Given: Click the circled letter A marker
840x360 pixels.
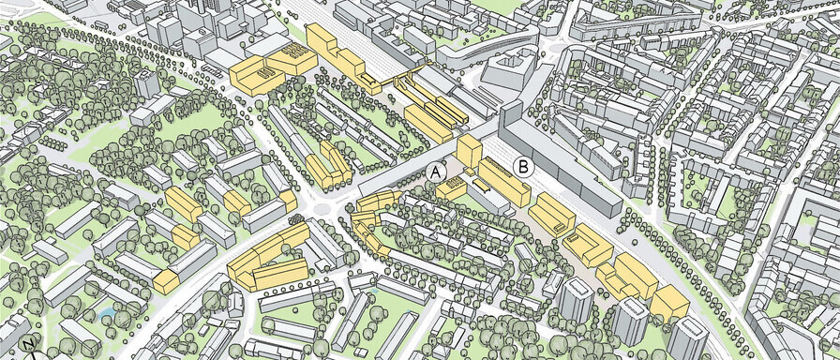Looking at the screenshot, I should click(x=435, y=172).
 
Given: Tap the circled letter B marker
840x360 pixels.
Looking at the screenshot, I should click(x=524, y=168).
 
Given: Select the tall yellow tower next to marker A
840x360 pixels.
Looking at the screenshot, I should click(x=469, y=151).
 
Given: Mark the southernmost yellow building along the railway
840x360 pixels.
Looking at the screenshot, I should click(x=669, y=302).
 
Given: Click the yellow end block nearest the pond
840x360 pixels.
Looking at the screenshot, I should click(x=167, y=280).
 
